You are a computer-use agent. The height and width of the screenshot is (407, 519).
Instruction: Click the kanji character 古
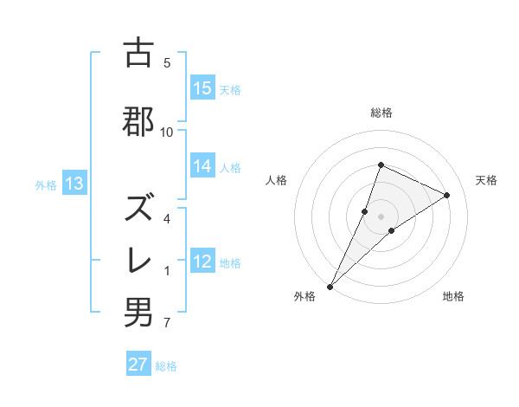pos(138,53)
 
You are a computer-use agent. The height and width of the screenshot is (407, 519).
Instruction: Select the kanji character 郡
pos(138,122)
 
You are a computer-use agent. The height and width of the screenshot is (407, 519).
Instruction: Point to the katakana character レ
pos(138,262)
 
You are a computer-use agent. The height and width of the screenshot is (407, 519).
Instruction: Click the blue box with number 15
pos(202,88)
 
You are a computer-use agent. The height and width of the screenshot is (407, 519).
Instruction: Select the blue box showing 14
pos(202,167)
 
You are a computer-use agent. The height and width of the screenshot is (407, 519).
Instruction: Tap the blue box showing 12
pos(202,262)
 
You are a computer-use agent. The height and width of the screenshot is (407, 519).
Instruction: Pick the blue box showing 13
pos(74,184)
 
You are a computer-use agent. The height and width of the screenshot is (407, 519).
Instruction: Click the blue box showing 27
pos(138,365)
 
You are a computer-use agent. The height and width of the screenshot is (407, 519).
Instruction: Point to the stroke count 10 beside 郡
pos(167,132)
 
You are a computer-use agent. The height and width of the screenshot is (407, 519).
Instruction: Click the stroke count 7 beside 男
pos(167,324)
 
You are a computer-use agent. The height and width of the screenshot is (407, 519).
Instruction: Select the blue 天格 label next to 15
pos(230,89)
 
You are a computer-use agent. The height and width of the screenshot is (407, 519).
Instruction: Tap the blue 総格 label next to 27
pos(166,365)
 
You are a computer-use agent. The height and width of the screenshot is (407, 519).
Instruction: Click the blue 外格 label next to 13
pos(46,184)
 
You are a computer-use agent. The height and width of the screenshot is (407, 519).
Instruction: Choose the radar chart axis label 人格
pos(276,180)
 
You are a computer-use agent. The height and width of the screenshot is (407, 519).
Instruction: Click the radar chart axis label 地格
pos(453,296)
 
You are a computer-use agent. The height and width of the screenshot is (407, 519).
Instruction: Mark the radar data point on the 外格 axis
pos(330,286)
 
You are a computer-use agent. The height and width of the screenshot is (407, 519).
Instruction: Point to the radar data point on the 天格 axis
pos(447,195)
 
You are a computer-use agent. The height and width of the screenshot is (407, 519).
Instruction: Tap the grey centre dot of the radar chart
pos(381,216)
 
